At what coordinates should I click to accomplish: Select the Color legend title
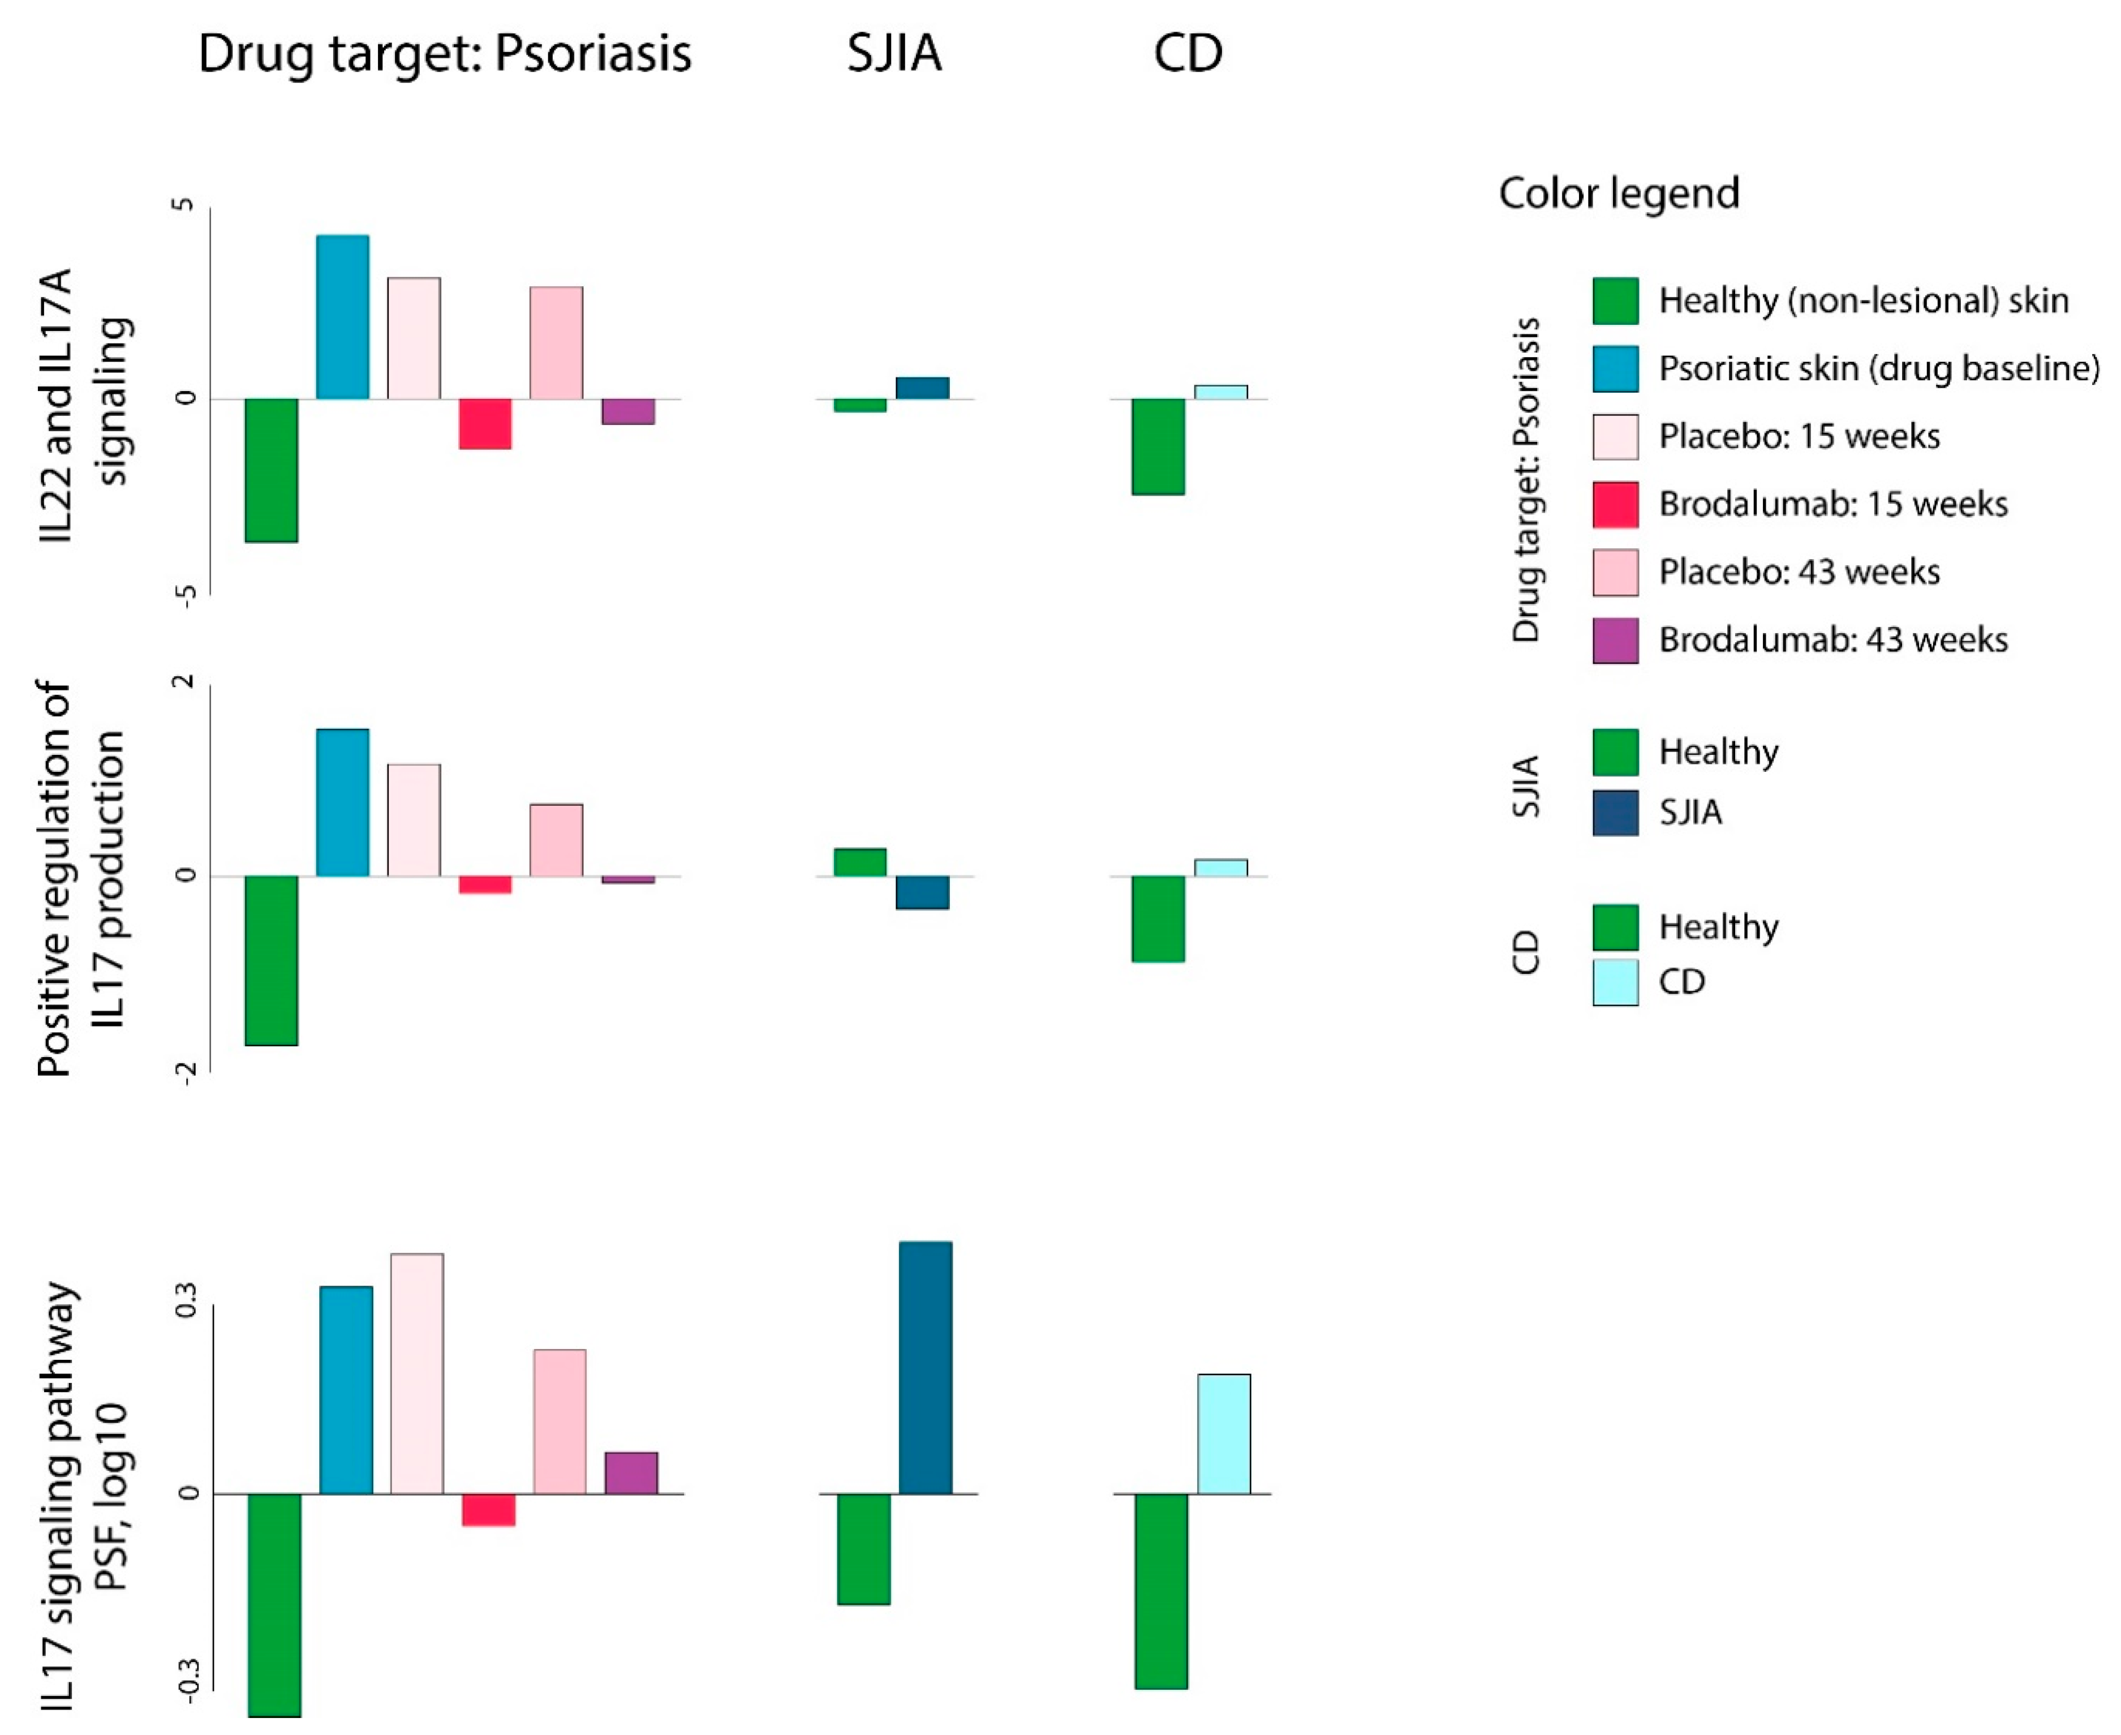pyautogui.click(x=1619, y=193)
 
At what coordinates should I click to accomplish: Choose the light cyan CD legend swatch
pyautogui.click(x=1615, y=981)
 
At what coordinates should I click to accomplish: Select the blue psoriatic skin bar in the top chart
pyautogui.click(x=343, y=317)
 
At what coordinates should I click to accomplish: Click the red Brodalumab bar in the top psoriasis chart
pyautogui.click(x=485, y=424)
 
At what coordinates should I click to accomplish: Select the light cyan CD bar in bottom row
pyautogui.click(x=1224, y=1434)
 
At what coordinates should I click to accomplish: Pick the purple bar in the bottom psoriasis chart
pyautogui.click(x=631, y=1473)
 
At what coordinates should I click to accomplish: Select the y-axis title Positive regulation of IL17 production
pyautogui.click(x=80, y=878)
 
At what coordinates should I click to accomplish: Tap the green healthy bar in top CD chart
pyautogui.click(x=1158, y=446)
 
